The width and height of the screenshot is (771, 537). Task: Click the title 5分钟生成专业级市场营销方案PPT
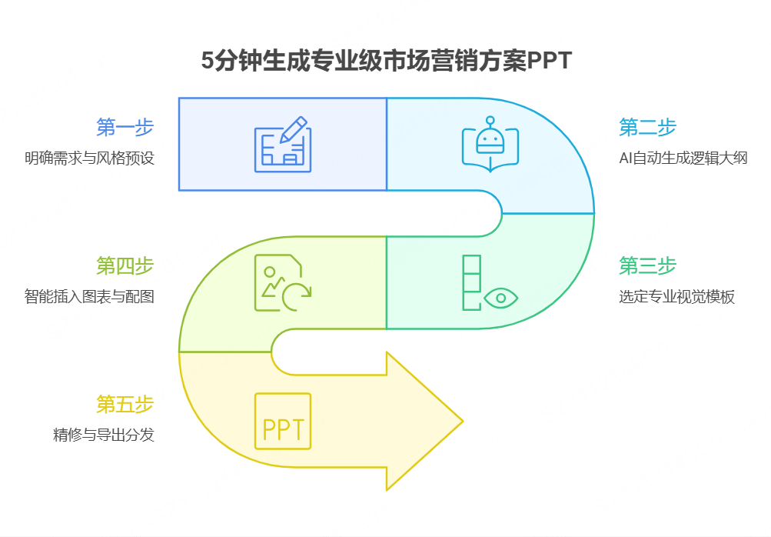click(386, 61)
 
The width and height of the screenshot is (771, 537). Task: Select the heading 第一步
click(125, 127)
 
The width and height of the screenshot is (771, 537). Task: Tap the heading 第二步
click(647, 127)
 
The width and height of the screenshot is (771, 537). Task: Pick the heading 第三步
click(647, 266)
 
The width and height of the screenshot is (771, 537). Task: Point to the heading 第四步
click(125, 266)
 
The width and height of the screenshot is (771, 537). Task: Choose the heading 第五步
click(125, 405)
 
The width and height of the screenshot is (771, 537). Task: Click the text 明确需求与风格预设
click(89, 158)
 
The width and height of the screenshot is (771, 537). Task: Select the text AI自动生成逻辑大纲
click(683, 158)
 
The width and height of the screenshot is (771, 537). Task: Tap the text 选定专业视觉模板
click(676, 297)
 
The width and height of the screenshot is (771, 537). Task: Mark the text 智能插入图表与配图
click(89, 297)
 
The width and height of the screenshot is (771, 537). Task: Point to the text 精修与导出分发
click(104, 435)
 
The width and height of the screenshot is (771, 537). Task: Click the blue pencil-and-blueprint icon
click(282, 144)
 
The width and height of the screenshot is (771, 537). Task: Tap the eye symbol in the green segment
click(501, 297)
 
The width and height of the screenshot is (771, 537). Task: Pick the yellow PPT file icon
click(283, 422)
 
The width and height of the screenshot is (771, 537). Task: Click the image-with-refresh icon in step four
click(283, 282)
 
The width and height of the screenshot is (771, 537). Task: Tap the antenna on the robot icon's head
click(490, 121)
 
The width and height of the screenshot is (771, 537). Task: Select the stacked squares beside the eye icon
click(471, 282)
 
